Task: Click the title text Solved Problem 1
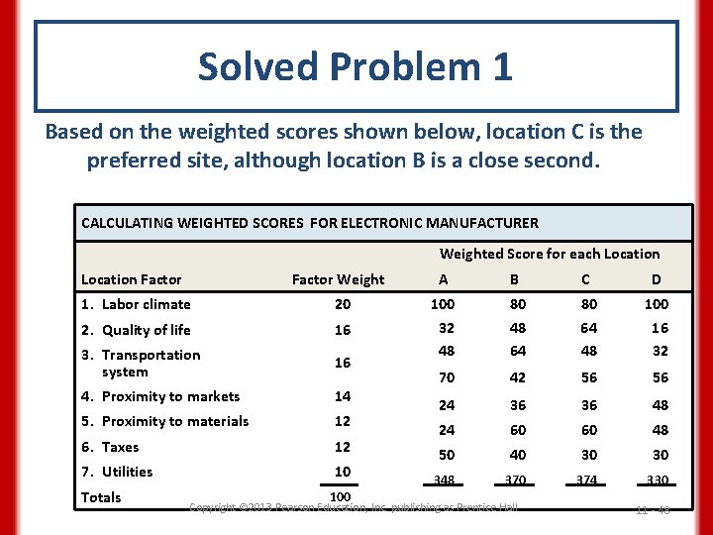tap(356, 66)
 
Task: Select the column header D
tap(657, 279)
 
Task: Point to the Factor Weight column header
tap(339, 279)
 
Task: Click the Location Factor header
tap(132, 279)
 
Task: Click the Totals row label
tap(101, 497)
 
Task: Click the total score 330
tap(657, 480)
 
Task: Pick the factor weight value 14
tap(341, 396)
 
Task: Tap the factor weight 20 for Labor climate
tap(341, 304)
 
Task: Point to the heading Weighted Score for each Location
tap(550, 254)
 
